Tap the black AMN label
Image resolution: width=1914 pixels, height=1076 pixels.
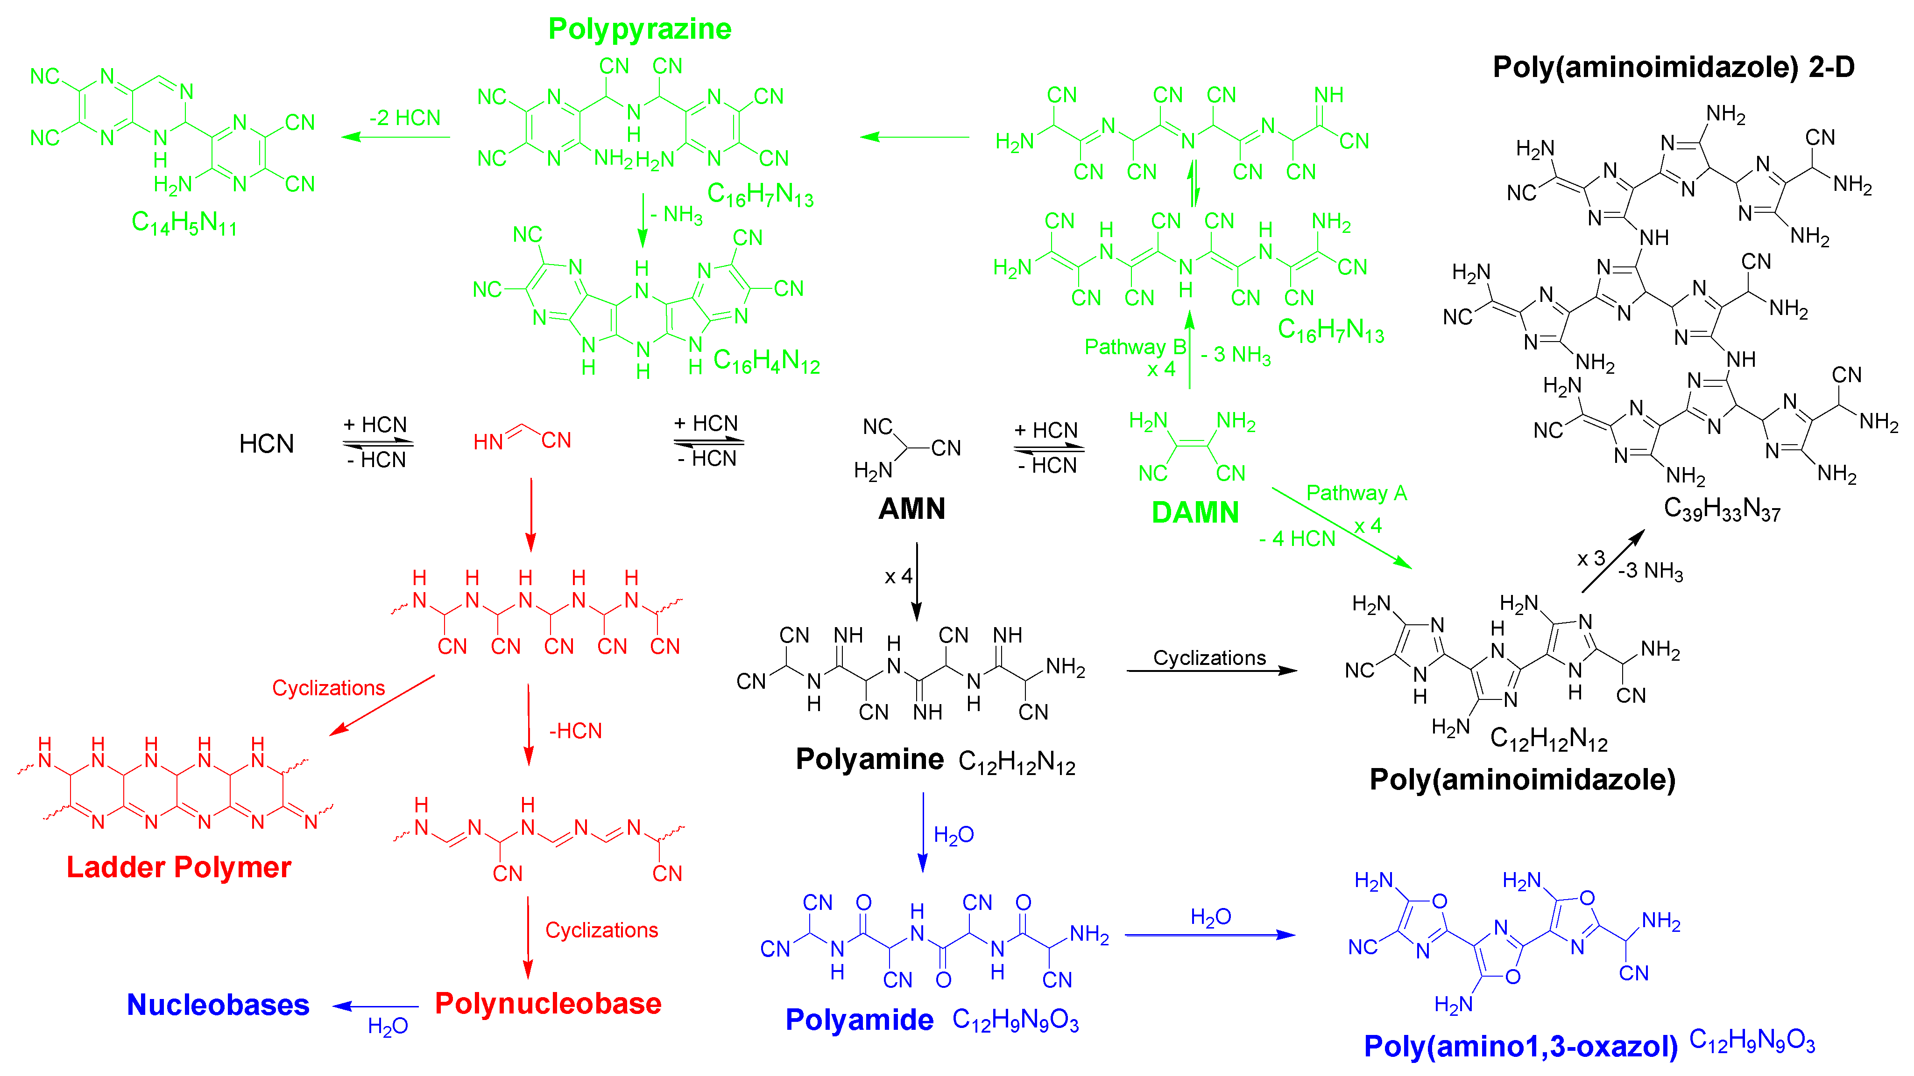pos(911,510)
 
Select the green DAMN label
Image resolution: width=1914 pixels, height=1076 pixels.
pos(1195,512)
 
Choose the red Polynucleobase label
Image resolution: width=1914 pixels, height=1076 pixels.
pos(548,1003)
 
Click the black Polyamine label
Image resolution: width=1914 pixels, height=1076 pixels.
pos(869,759)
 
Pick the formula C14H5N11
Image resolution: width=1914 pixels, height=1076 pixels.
pos(184,222)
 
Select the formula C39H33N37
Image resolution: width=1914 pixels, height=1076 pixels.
pos(1722,510)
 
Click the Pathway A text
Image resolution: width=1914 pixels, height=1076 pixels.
pos(1356,493)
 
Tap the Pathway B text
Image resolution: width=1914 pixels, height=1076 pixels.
pos(1135,347)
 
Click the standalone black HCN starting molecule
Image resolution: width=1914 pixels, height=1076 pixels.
pos(266,444)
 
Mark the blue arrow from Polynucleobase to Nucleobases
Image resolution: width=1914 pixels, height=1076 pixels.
pos(376,1007)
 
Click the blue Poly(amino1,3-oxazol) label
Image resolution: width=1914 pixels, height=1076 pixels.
pos(1520,1046)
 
